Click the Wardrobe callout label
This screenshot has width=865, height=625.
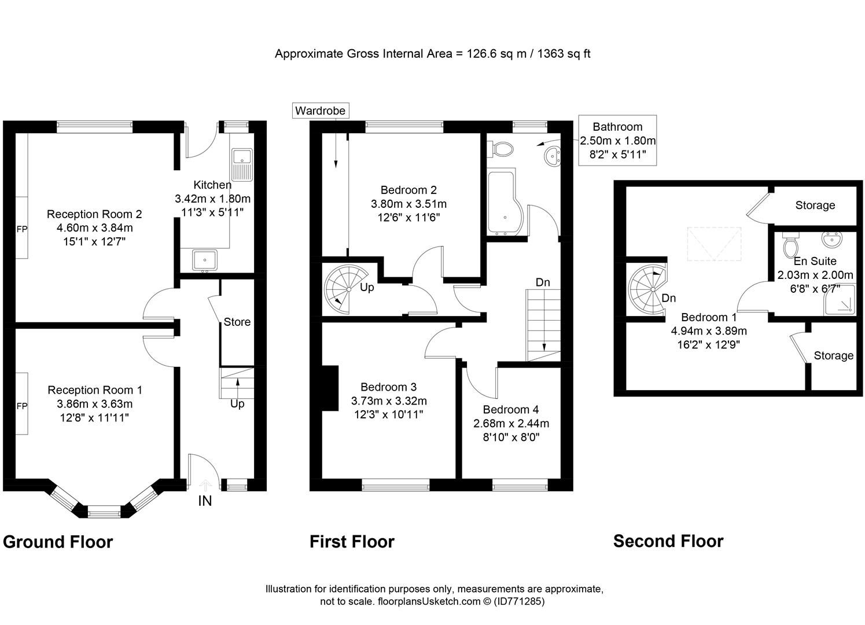tap(320, 111)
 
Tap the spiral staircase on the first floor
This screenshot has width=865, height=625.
tap(345, 289)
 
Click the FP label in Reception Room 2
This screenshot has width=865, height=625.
tap(21, 229)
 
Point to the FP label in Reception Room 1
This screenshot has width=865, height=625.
tap(21, 406)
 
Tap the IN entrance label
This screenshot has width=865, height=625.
tap(205, 501)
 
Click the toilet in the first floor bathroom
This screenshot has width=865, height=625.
tap(502, 149)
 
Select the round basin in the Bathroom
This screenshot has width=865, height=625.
tap(553, 156)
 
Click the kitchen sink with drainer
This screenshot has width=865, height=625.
tap(242, 164)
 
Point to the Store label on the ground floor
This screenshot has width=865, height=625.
tap(237, 322)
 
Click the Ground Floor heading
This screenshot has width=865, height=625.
tap(58, 542)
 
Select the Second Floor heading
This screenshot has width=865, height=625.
tap(668, 541)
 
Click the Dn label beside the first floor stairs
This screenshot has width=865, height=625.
tap(543, 282)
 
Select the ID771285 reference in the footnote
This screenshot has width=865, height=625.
tap(519, 601)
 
